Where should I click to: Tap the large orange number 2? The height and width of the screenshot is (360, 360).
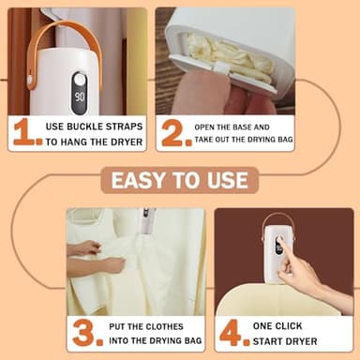coord(173,132)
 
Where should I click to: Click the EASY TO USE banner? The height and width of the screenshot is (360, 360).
coord(181,180)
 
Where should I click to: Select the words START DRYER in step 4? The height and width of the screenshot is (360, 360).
coord(284,340)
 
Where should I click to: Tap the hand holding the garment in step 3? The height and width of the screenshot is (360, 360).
coord(89,250)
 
